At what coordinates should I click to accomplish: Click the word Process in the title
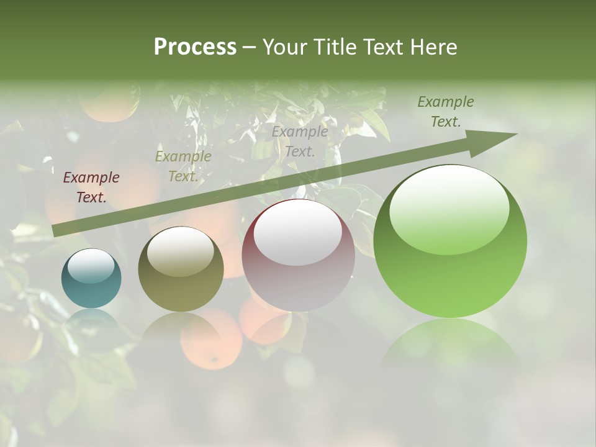pyautogui.click(x=195, y=47)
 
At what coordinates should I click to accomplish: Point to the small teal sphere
pyautogui.click(x=91, y=279)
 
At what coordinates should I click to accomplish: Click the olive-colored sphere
pyautogui.click(x=181, y=269)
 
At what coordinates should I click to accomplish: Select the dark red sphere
pyautogui.click(x=298, y=255)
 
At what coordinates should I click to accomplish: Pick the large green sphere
pyautogui.click(x=450, y=242)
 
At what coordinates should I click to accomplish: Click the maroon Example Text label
pyautogui.click(x=91, y=187)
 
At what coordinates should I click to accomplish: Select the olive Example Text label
pyautogui.click(x=183, y=166)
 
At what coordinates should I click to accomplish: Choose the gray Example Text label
pyautogui.click(x=300, y=141)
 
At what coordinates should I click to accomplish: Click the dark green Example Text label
pyautogui.click(x=445, y=112)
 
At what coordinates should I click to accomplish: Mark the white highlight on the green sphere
pyautogui.click(x=449, y=209)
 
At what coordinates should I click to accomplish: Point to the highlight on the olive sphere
pyautogui.click(x=181, y=251)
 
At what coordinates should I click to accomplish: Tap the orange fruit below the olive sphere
pyautogui.click(x=211, y=341)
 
